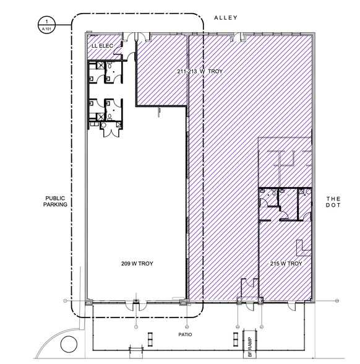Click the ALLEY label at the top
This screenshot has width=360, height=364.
(225, 18)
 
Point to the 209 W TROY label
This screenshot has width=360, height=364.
(137, 264)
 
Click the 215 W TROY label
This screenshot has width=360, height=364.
(286, 264)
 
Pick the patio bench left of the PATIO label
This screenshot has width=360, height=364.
(151, 338)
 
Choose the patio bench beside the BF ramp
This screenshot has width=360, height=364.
(236, 338)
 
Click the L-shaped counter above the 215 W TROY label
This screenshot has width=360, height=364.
(303, 248)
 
